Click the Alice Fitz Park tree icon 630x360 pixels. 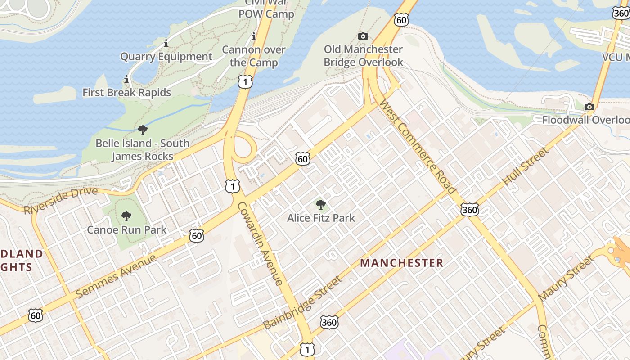pyautogui.click(x=320, y=205)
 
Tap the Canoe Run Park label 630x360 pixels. pyautogui.click(x=126, y=229)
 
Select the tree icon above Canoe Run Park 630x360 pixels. pyautogui.click(x=126, y=216)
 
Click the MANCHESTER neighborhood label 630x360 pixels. pyautogui.click(x=402, y=263)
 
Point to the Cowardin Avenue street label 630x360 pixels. pyautogui.click(x=260, y=243)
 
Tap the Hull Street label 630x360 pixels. pyautogui.click(x=526, y=166)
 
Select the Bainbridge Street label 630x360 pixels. pyautogui.click(x=302, y=302)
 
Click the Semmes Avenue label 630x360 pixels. pyautogui.click(x=116, y=276)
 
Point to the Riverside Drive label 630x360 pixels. pyautogui.click(x=61, y=200)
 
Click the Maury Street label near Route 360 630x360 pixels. pyautogui.click(x=566, y=279)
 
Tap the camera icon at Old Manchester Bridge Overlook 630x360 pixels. pyautogui.click(x=363, y=36)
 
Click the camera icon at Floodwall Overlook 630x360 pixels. pyautogui.click(x=589, y=107)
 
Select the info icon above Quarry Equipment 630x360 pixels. pyautogui.click(x=166, y=44)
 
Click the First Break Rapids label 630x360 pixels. pyautogui.click(x=126, y=93)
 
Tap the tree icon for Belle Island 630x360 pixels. pyautogui.click(x=143, y=130)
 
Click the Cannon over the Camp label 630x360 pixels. pyautogui.click(x=254, y=56)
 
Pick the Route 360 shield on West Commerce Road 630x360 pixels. pyautogui.click(x=469, y=210)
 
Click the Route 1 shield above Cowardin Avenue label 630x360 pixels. pyautogui.click(x=232, y=186)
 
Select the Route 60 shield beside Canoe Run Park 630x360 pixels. pyautogui.click(x=197, y=235)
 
